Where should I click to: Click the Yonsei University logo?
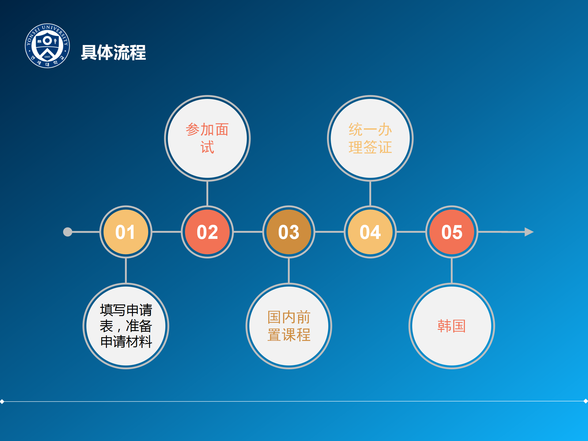pyautogui.click(x=47, y=46)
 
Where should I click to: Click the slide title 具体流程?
pyautogui.click(x=113, y=52)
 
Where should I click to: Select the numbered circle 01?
pyautogui.click(x=126, y=232)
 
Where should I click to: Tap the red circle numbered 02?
pyautogui.click(x=207, y=232)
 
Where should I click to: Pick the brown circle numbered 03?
pyautogui.click(x=289, y=232)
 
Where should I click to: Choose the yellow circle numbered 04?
pyautogui.click(x=370, y=232)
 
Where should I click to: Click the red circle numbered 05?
pyautogui.click(x=452, y=232)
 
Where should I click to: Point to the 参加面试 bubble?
pyautogui.click(x=207, y=138)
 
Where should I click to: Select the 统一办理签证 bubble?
pyautogui.click(x=370, y=138)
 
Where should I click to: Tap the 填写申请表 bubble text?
pyautogui.click(x=126, y=326)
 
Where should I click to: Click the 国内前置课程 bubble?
pyautogui.click(x=289, y=326)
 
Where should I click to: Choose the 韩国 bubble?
pyautogui.click(x=452, y=326)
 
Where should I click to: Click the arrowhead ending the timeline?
pyautogui.click(x=529, y=232)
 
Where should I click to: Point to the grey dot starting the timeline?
pyautogui.click(x=68, y=232)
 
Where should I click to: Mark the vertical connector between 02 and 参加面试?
pyautogui.click(x=207, y=194)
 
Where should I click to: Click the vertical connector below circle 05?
pyautogui.click(x=452, y=271)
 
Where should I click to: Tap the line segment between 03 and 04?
pyautogui.click(x=330, y=232)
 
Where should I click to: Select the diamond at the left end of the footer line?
pyautogui.click(x=2, y=401)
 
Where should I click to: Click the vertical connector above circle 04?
pyautogui.click(x=370, y=194)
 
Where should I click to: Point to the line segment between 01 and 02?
pyautogui.click(x=167, y=232)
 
